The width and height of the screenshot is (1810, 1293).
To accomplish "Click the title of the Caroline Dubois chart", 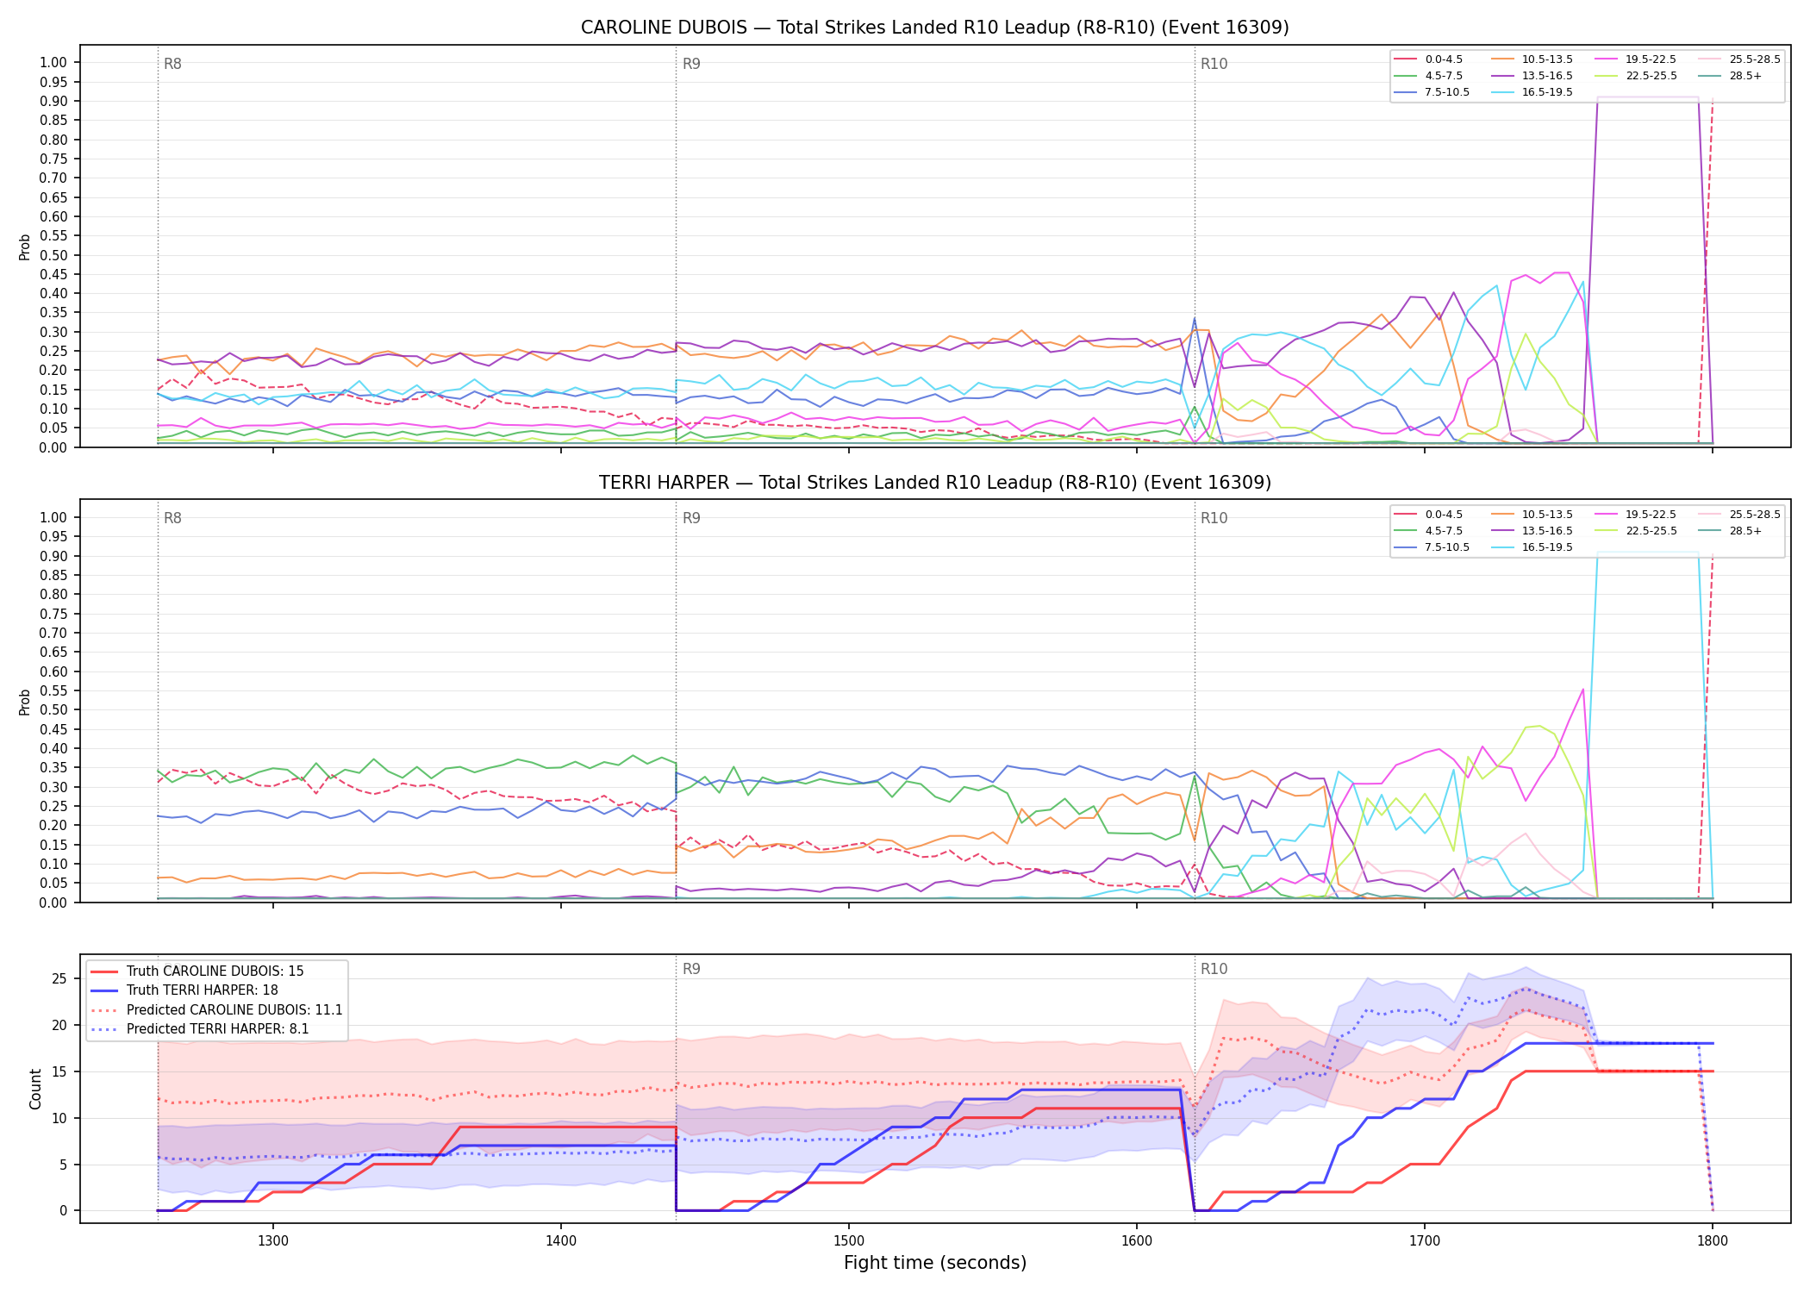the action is click(934, 28).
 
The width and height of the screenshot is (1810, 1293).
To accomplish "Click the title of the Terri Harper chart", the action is click(934, 483).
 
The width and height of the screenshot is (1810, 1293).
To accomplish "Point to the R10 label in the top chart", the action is click(1214, 64).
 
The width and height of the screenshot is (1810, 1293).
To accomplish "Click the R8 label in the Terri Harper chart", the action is click(172, 518).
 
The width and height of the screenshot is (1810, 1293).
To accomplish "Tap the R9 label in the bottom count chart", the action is click(691, 969).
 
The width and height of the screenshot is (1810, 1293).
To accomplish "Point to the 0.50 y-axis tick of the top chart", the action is click(53, 255).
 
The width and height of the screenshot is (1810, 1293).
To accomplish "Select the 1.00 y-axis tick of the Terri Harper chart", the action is click(53, 517).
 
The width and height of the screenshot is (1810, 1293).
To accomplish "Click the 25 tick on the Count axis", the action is click(59, 978).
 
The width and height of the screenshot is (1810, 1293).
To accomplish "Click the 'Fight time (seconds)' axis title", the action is click(934, 1263).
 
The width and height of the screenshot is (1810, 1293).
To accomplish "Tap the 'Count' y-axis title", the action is click(35, 1089).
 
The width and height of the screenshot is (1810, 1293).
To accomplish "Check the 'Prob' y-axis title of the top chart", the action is click(25, 247).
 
